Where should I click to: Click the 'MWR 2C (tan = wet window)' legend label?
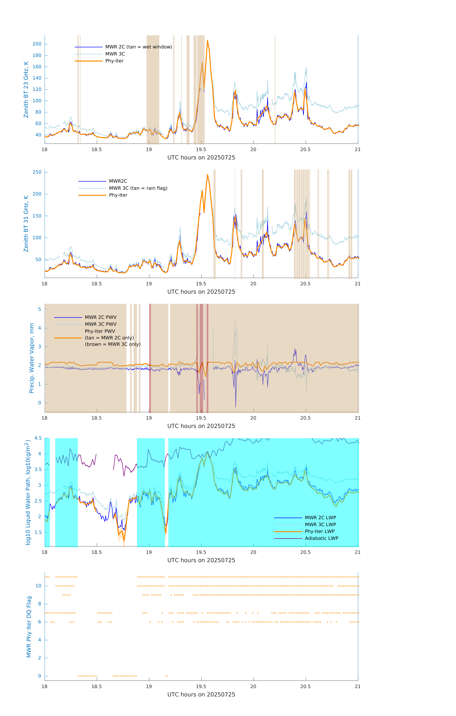coord(138,47)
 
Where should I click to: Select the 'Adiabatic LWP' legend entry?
coord(321,538)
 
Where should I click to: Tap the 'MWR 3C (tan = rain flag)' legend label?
coord(138,188)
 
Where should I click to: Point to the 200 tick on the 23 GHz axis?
coord(37,44)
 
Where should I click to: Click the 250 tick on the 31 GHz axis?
coord(37,172)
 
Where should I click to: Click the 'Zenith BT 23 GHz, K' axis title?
coord(26,89)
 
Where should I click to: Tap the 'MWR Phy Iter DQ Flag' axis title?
coord(29,627)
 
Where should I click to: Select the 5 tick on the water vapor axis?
coord(39,309)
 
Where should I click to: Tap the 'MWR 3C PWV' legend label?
coord(101,324)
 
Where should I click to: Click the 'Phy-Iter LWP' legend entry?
coord(320,531)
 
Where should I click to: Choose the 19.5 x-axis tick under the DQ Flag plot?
coord(201,687)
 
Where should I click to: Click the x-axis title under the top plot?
coord(201,158)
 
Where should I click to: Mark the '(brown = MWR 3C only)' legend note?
coord(113,344)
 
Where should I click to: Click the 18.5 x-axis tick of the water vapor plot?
coord(97,418)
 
